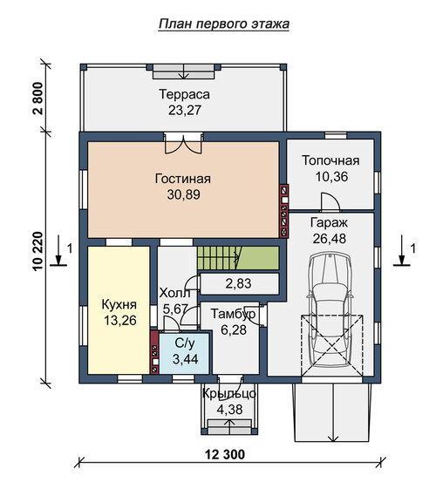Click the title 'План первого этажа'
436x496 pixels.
click(224, 24)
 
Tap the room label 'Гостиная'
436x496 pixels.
click(183, 179)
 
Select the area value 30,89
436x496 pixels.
click(183, 194)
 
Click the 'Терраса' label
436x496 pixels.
click(184, 94)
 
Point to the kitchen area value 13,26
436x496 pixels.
click(120, 321)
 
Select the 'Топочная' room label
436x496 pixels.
click(330, 160)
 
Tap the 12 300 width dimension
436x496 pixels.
click(225, 454)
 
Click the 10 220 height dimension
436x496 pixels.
click(38, 251)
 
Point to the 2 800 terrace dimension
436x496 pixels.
click(38, 99)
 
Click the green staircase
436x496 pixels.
click(238, 258)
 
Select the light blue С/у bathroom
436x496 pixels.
click(184, 353)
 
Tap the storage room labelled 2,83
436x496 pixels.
click(240, 284)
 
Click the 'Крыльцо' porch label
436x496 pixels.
click(229, 394)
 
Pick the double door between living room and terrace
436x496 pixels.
click(183, 143)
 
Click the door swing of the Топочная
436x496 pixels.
click(330, 201)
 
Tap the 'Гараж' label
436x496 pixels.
click(329, 222)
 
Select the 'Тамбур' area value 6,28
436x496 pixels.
click(234, 330)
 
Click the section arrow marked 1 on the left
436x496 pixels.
click(58, 250)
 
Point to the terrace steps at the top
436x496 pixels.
click(184, 72)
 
